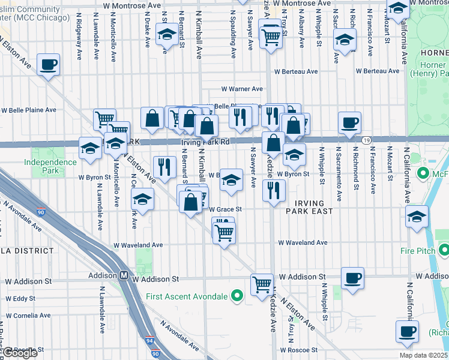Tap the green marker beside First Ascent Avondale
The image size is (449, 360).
click(x=237, y=296)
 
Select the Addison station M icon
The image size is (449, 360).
click(x=124, y=275)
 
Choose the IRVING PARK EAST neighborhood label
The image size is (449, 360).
click(x=305, y=208)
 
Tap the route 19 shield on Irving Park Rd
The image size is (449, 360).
click(x=365, y=140)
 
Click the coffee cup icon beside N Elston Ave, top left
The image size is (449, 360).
click(x=48, y=64)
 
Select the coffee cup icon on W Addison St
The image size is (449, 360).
click(x=352, y=278)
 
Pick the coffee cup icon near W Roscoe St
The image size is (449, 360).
click(x=406, y=331)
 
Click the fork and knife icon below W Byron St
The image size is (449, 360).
click(x=274, y=191)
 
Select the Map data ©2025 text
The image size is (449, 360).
click(x=424, y=355)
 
